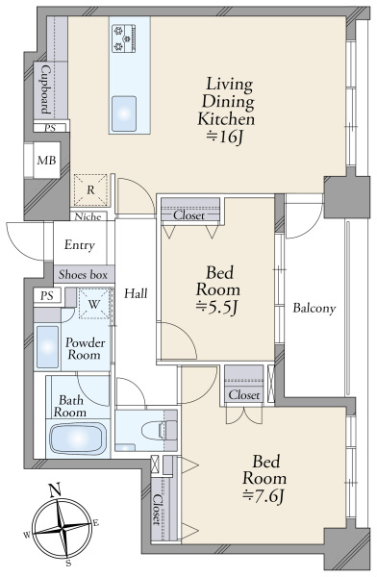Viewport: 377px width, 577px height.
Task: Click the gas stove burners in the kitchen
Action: point(124,38)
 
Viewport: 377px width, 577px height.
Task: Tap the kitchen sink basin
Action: point(124,113)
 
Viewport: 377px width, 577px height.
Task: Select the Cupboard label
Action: point(45,89)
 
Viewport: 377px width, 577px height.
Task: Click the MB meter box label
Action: point(47,160)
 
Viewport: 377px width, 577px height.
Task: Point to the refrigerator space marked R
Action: point(90,189)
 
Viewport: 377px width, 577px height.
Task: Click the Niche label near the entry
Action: point(88,216)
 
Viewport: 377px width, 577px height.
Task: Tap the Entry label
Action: point(80,244)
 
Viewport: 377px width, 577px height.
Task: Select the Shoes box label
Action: point(84,274)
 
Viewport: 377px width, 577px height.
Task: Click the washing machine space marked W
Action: point(94,304)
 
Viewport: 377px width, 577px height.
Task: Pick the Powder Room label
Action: point(85,348)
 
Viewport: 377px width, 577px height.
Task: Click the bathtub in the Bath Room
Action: point(78,439)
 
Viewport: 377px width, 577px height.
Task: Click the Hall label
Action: point(136,293)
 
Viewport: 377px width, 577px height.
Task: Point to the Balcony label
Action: point(314,308)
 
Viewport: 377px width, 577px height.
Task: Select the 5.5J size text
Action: point(216,308)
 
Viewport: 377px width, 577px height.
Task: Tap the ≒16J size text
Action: point(226,137)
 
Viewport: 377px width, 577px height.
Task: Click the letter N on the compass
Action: point(55,489)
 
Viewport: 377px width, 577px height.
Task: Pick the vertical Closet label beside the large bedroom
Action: point(158,510)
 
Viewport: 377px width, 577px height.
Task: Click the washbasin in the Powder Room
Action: point(47,346)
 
